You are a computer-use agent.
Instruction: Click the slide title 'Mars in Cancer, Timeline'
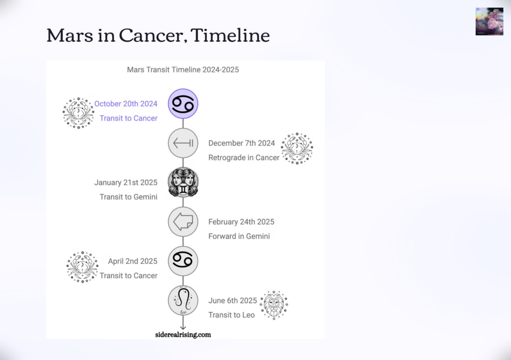pyautogui.click(x=158, y=35)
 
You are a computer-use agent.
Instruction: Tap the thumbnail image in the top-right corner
pyautogui.click(x=489, y=21)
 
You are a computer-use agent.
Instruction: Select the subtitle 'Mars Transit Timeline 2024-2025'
pyautogui.click(x=183, y=70)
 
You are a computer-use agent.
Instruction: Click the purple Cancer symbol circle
pyautogui.click(x=183, y=104)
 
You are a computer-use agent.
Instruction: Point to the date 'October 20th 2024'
pyautogui.click(x=126, y=104)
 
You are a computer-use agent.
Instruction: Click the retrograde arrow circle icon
pyautogui.click(x=183, y=143)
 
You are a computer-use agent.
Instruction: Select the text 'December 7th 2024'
pyautogui.click(x=242, y=143)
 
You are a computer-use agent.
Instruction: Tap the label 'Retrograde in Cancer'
pyautogui.click(x=244, y=158)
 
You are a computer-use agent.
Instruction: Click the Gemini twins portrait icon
pyautogui.click(x=183, y=182)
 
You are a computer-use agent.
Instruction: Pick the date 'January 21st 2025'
pyautogui.click(x=126, y=182)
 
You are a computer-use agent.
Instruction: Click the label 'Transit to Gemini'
pyautogui.click(x=128, y=197)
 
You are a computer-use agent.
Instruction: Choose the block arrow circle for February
pyautogui.click(x=183, y=222)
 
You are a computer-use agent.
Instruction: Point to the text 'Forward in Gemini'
pyautogui.click(x=239, y=236)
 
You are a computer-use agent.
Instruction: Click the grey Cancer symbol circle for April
pyautogui.click(x=183, y=261)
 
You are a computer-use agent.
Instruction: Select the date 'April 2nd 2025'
pyautogui.click(x=133, y=261)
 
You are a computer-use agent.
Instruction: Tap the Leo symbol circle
pyautogui.click(x=183, y=301)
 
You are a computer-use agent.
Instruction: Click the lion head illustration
pyautogui.click(x=274, y=305)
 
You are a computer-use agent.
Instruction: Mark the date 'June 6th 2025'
pyautogui.click(x=233, y=301)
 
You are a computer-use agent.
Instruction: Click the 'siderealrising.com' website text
pyautogui.click(x=183, y=335)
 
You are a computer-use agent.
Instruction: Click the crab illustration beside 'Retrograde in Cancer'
pyautogui.click(x=297, y=148)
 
